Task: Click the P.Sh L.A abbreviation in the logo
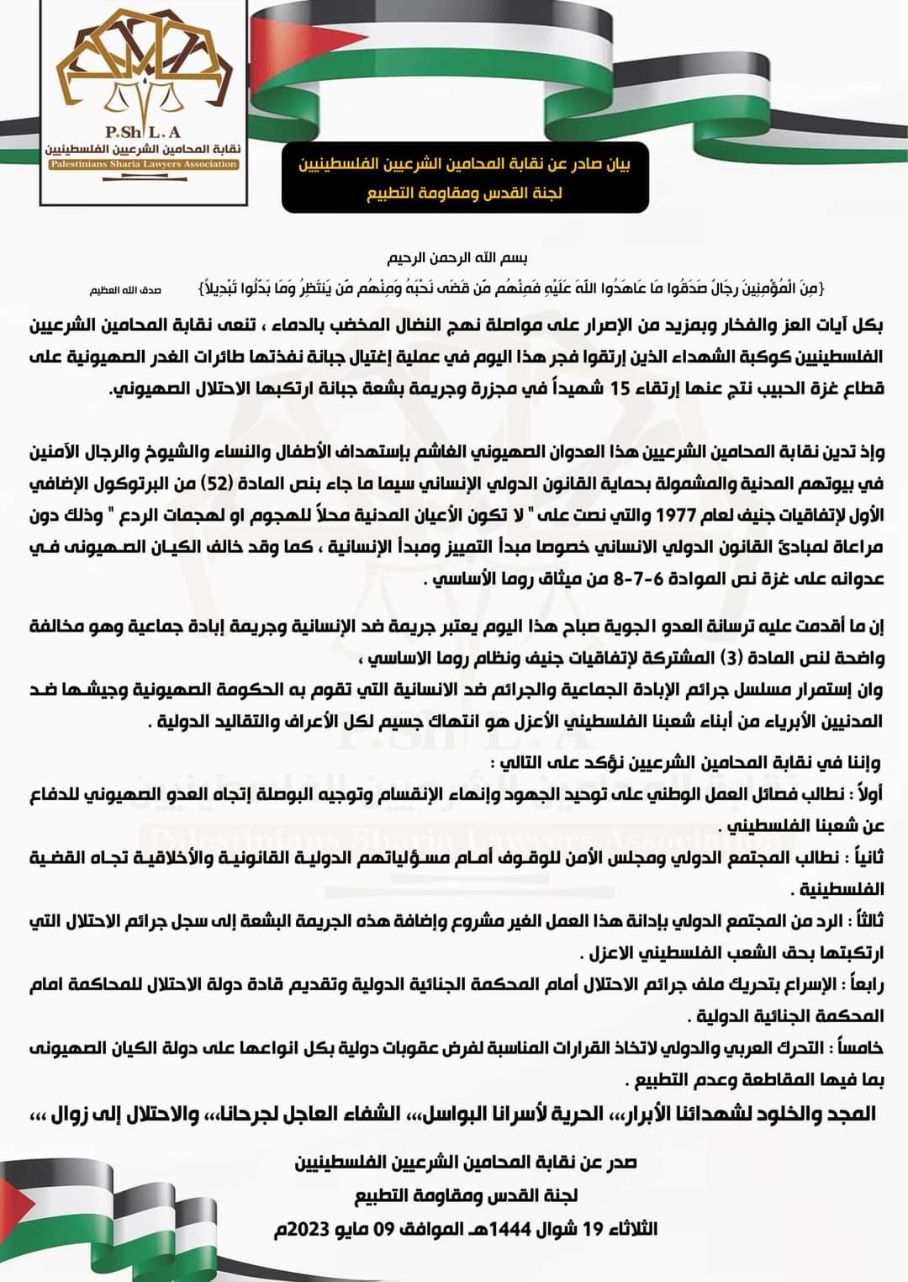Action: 143,131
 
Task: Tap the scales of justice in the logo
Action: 143,95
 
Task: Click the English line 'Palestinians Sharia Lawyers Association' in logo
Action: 143,164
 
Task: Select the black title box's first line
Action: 464,163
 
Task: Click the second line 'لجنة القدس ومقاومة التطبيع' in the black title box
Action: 464,193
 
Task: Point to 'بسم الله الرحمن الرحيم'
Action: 457,257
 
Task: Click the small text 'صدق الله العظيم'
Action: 125,290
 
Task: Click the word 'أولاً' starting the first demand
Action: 867,794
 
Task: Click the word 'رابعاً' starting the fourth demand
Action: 865,984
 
